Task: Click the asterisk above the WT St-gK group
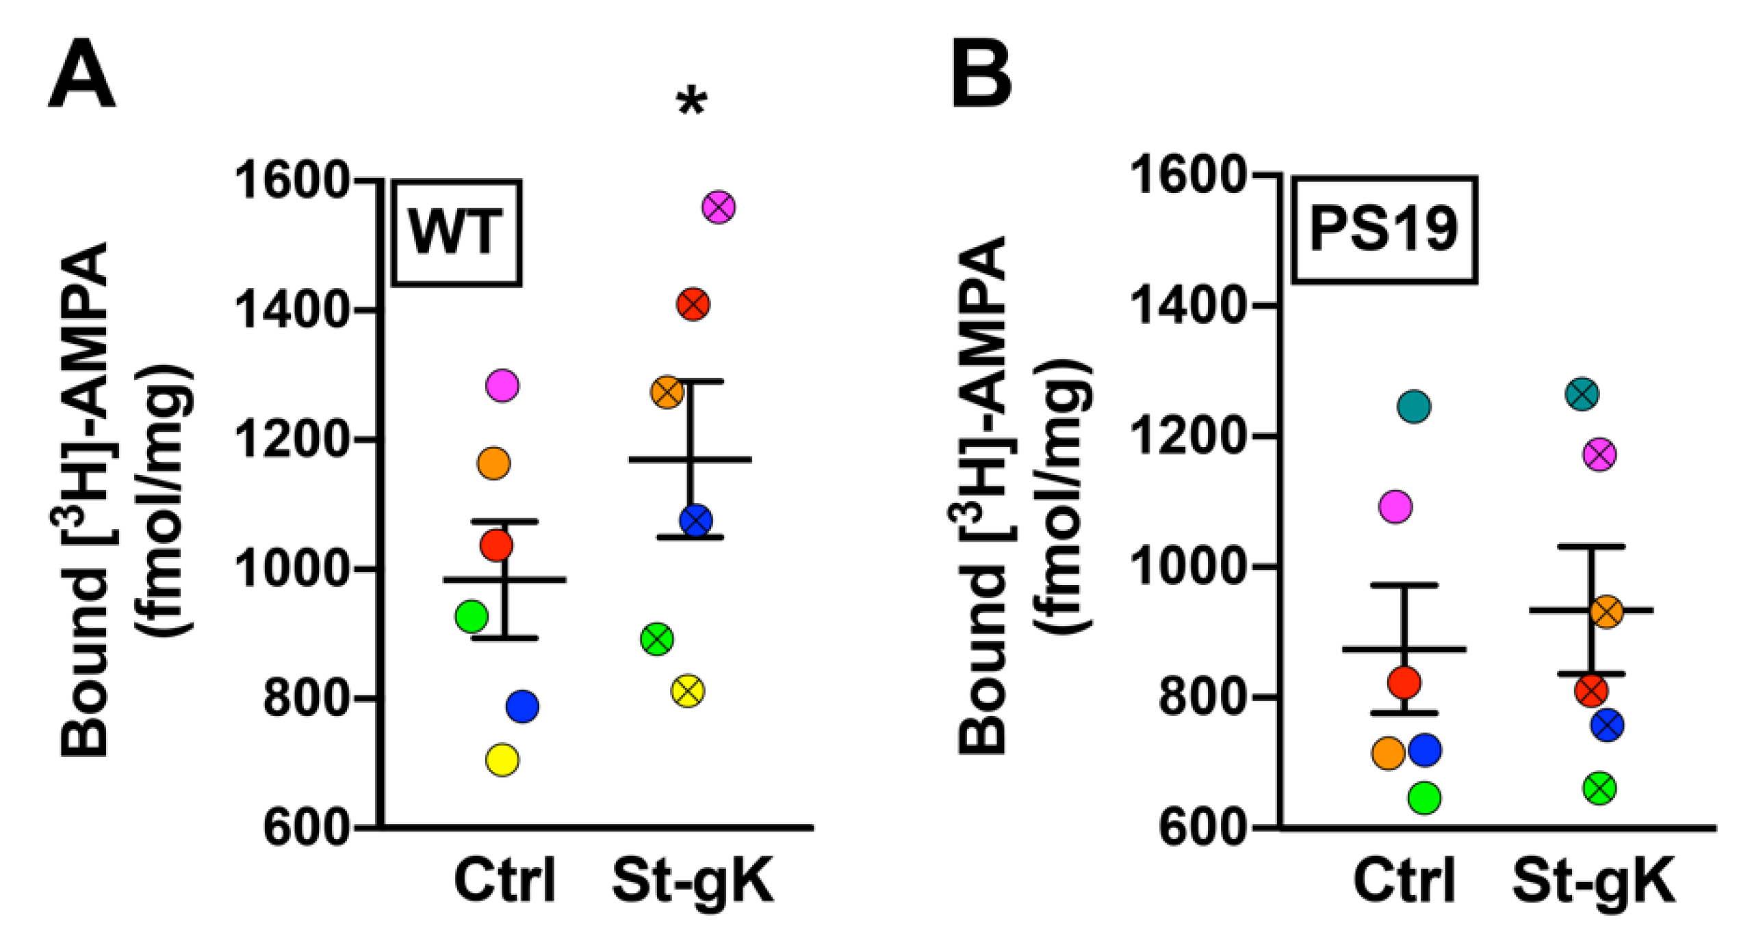coord(691,103)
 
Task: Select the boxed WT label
coord(456,233)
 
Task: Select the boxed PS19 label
coord(1384,230)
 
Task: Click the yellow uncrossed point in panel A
coord(502,760)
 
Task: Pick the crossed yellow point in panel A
coord(688,691)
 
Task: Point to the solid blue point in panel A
coord(522,706)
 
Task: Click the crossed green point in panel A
coord(657,640)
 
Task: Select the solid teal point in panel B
coord(1414,407)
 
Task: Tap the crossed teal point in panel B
coord(1582,394)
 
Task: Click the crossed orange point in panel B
coord(1606,612)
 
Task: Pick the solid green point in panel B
coord(1425,797)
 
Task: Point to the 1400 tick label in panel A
coord(293,310)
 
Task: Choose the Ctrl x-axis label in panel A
coord(504,881)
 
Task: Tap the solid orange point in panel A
coord(493,463)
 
